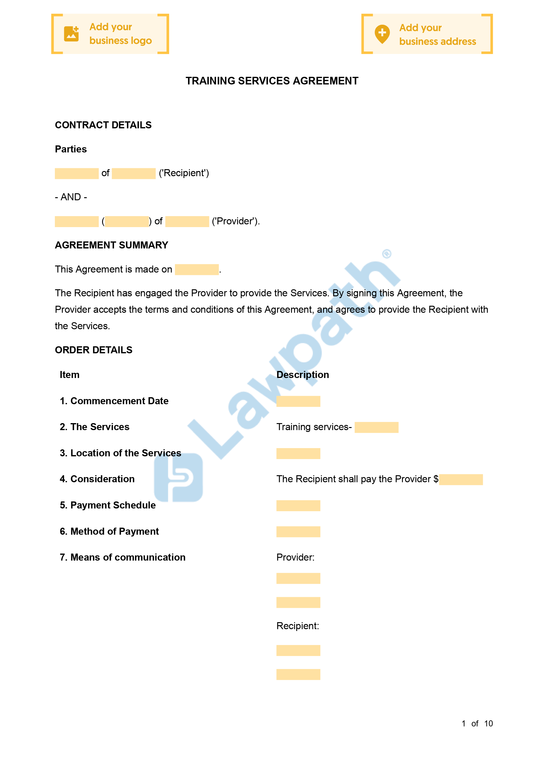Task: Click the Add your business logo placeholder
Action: click(x=110, y=34)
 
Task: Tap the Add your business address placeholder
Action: click(x=427, y=34)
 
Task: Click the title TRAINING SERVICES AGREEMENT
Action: click(x=272, y=81)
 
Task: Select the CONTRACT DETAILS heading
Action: click(x=103, y=125)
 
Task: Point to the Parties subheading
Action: click(x=71, y=149)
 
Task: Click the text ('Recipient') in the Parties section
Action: click(x=184, y=173)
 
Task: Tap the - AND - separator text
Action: click(x=71, y=197)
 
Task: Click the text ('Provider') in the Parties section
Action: click(x=236, y=221)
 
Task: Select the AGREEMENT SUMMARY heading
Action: click(x=111, y=245)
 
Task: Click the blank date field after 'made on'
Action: click(x=197, y=270)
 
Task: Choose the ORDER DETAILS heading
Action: click(x=94, y=350)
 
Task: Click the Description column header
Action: click(x=303, y=375)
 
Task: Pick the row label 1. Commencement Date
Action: click(x=114, y=401)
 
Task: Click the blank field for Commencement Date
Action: click(x=298, y=401)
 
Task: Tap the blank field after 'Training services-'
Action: click(x=376, y=428)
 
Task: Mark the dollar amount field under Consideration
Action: click(x=460, y=479)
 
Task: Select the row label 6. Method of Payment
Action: click(x=109, y=531)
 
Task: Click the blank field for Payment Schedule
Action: click(x=298, y=506)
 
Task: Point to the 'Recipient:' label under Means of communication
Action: click(x=297, y=626)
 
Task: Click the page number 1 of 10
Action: click(x=477, y=723)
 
